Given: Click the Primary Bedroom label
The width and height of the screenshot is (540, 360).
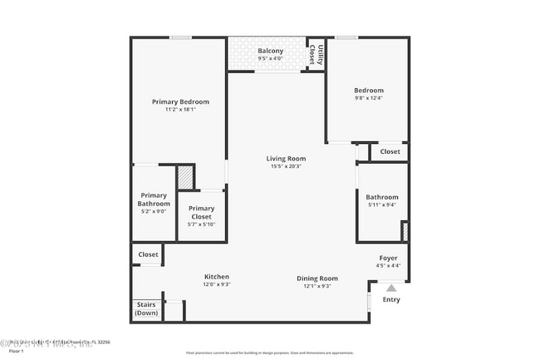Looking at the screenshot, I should coord(180,101).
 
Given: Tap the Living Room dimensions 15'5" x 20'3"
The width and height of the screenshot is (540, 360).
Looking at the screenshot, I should coord(286,166).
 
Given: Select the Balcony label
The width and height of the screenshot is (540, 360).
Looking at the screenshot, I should coord(270,52).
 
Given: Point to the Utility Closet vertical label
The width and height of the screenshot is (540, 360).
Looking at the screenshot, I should coord(317,55).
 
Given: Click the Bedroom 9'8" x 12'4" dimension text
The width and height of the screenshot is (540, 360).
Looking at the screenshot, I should coord(369,99).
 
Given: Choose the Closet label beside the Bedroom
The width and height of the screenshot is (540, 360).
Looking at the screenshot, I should coord(390,151).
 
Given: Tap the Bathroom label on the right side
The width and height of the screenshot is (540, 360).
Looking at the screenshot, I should coord(382,197).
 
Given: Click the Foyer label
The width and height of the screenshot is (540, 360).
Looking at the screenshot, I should coord(389,258).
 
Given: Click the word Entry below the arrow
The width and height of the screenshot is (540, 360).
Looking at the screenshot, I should coord(390,299).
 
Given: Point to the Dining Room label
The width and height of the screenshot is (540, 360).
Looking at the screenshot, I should coord(317,278).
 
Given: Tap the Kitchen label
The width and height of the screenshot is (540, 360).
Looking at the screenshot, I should coord(217,277).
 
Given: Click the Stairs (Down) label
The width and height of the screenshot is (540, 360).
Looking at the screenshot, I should coord(146,308).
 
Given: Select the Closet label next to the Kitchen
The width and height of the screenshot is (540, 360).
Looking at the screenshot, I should coord(148,254).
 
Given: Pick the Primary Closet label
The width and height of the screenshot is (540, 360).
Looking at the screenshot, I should coord(201,213).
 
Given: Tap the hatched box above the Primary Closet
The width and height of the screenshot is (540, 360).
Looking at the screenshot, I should coord(185,178).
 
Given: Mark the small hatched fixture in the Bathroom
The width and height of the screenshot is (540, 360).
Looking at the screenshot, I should coord(405,230).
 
